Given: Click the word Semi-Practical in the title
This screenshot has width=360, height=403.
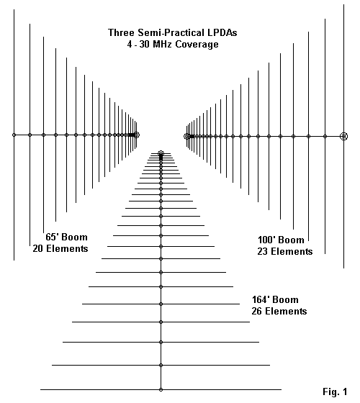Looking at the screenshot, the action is (x=168, y=33).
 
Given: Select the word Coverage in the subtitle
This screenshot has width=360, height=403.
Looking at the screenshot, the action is (x=197, y=44).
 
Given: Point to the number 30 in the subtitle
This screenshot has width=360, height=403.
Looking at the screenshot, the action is (x=145, y=44).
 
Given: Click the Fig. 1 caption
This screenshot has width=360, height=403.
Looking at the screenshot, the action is (x=335, y=391).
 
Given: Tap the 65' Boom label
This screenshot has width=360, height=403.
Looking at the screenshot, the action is (x=66, y=237).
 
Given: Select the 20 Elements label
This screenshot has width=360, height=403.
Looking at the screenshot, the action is (x=60, y=248).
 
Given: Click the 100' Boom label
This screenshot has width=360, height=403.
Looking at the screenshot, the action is (x=281, y=240).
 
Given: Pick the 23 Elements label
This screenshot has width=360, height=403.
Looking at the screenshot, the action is (x=285, y=251).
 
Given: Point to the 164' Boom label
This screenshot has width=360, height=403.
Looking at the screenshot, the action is (x=275, y=299).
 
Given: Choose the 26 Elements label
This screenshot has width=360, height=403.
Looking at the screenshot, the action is (x=279, y=311).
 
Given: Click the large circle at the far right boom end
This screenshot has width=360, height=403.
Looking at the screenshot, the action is (x=344, y=136).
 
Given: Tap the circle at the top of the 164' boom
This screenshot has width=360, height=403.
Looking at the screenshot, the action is (x=161, y=153).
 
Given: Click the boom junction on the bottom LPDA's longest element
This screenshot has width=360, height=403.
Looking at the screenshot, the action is (x=161, y=389).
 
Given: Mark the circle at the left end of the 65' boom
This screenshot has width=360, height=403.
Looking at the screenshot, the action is (x=14, y=135).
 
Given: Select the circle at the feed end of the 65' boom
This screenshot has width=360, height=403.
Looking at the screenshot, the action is (x=137, y=135).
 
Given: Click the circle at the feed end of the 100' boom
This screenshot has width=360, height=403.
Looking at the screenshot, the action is (x=186, y=136).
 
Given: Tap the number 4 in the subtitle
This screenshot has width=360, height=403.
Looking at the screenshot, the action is (x=130, y=44).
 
